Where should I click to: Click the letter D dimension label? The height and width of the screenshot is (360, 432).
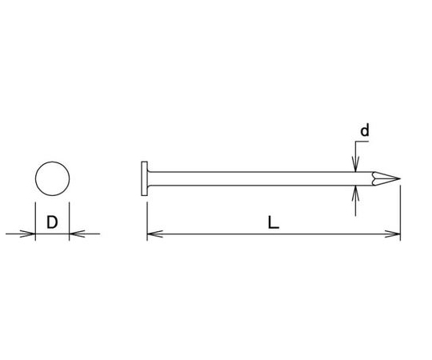pos(52,222)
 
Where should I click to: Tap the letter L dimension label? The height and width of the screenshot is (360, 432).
pos(274,222)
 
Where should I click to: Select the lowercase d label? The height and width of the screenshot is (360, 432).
pos(365,130)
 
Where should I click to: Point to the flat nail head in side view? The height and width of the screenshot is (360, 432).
pos(144,178)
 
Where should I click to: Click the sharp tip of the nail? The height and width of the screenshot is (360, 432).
pos(400,178)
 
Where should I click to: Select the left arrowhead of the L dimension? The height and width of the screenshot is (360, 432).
pos(155,234)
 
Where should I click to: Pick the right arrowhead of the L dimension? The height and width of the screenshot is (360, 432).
pos(393,234)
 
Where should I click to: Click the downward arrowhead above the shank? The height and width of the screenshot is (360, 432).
pos(356,165)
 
